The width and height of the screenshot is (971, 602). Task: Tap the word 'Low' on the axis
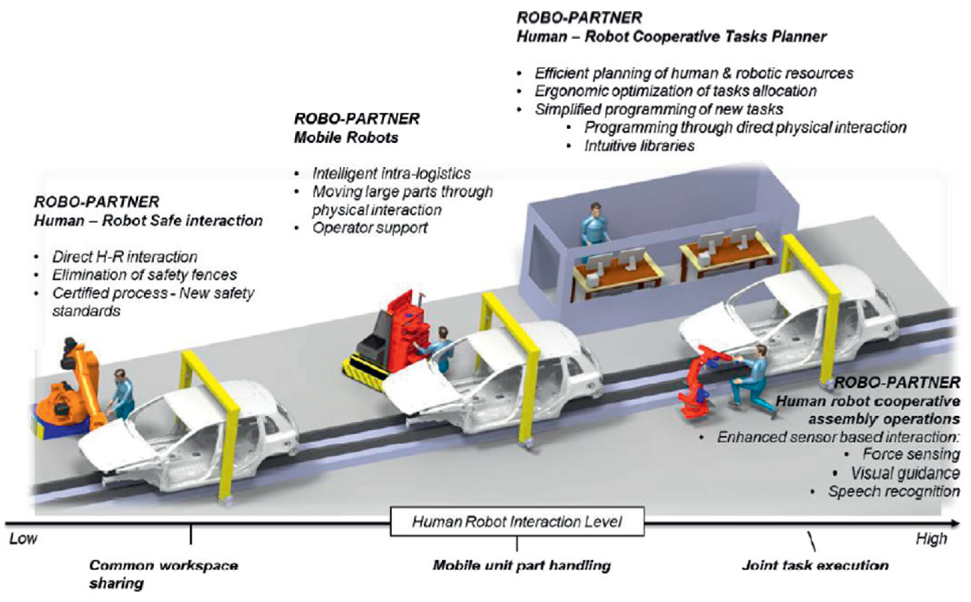[x=23, y=539]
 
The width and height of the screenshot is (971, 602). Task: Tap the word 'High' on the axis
[x=931, y=539]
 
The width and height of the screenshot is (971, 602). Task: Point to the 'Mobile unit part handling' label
[x=522, y=565]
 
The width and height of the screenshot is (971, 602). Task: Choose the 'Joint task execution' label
[x=815, y=565]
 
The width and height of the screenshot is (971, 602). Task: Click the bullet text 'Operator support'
[x=370, y=228]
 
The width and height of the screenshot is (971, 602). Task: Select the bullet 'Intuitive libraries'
[x=639, y=146]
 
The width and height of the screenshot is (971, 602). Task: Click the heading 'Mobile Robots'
[x=346, y=138]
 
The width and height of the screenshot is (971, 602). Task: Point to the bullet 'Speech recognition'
[x=894, y=491]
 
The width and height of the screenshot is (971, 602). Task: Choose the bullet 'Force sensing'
[x=911, y=454]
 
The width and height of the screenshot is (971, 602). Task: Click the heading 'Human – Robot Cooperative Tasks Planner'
[x=671, y=37]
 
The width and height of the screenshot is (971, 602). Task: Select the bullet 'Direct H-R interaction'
[x=125, y=257]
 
